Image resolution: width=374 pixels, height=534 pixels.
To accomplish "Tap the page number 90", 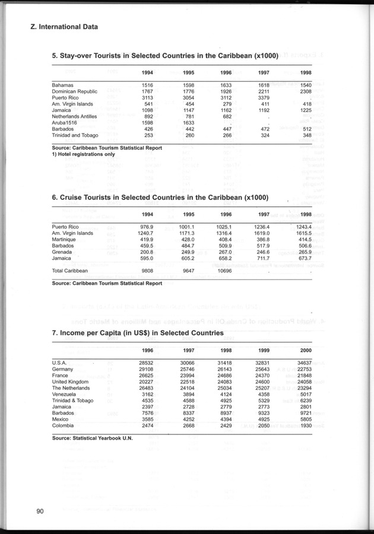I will (x=40, y=511).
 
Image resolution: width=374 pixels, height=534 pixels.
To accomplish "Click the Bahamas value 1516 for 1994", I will (x=145, y=85).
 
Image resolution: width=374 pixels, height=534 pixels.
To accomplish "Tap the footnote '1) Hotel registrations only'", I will (x=84, y=154).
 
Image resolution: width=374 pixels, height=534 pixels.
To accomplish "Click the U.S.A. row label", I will (x=59, y=362).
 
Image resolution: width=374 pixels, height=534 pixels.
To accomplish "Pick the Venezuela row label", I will (x=65, y=393).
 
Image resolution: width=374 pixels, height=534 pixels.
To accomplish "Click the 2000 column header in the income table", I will (x=305, y=350).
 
